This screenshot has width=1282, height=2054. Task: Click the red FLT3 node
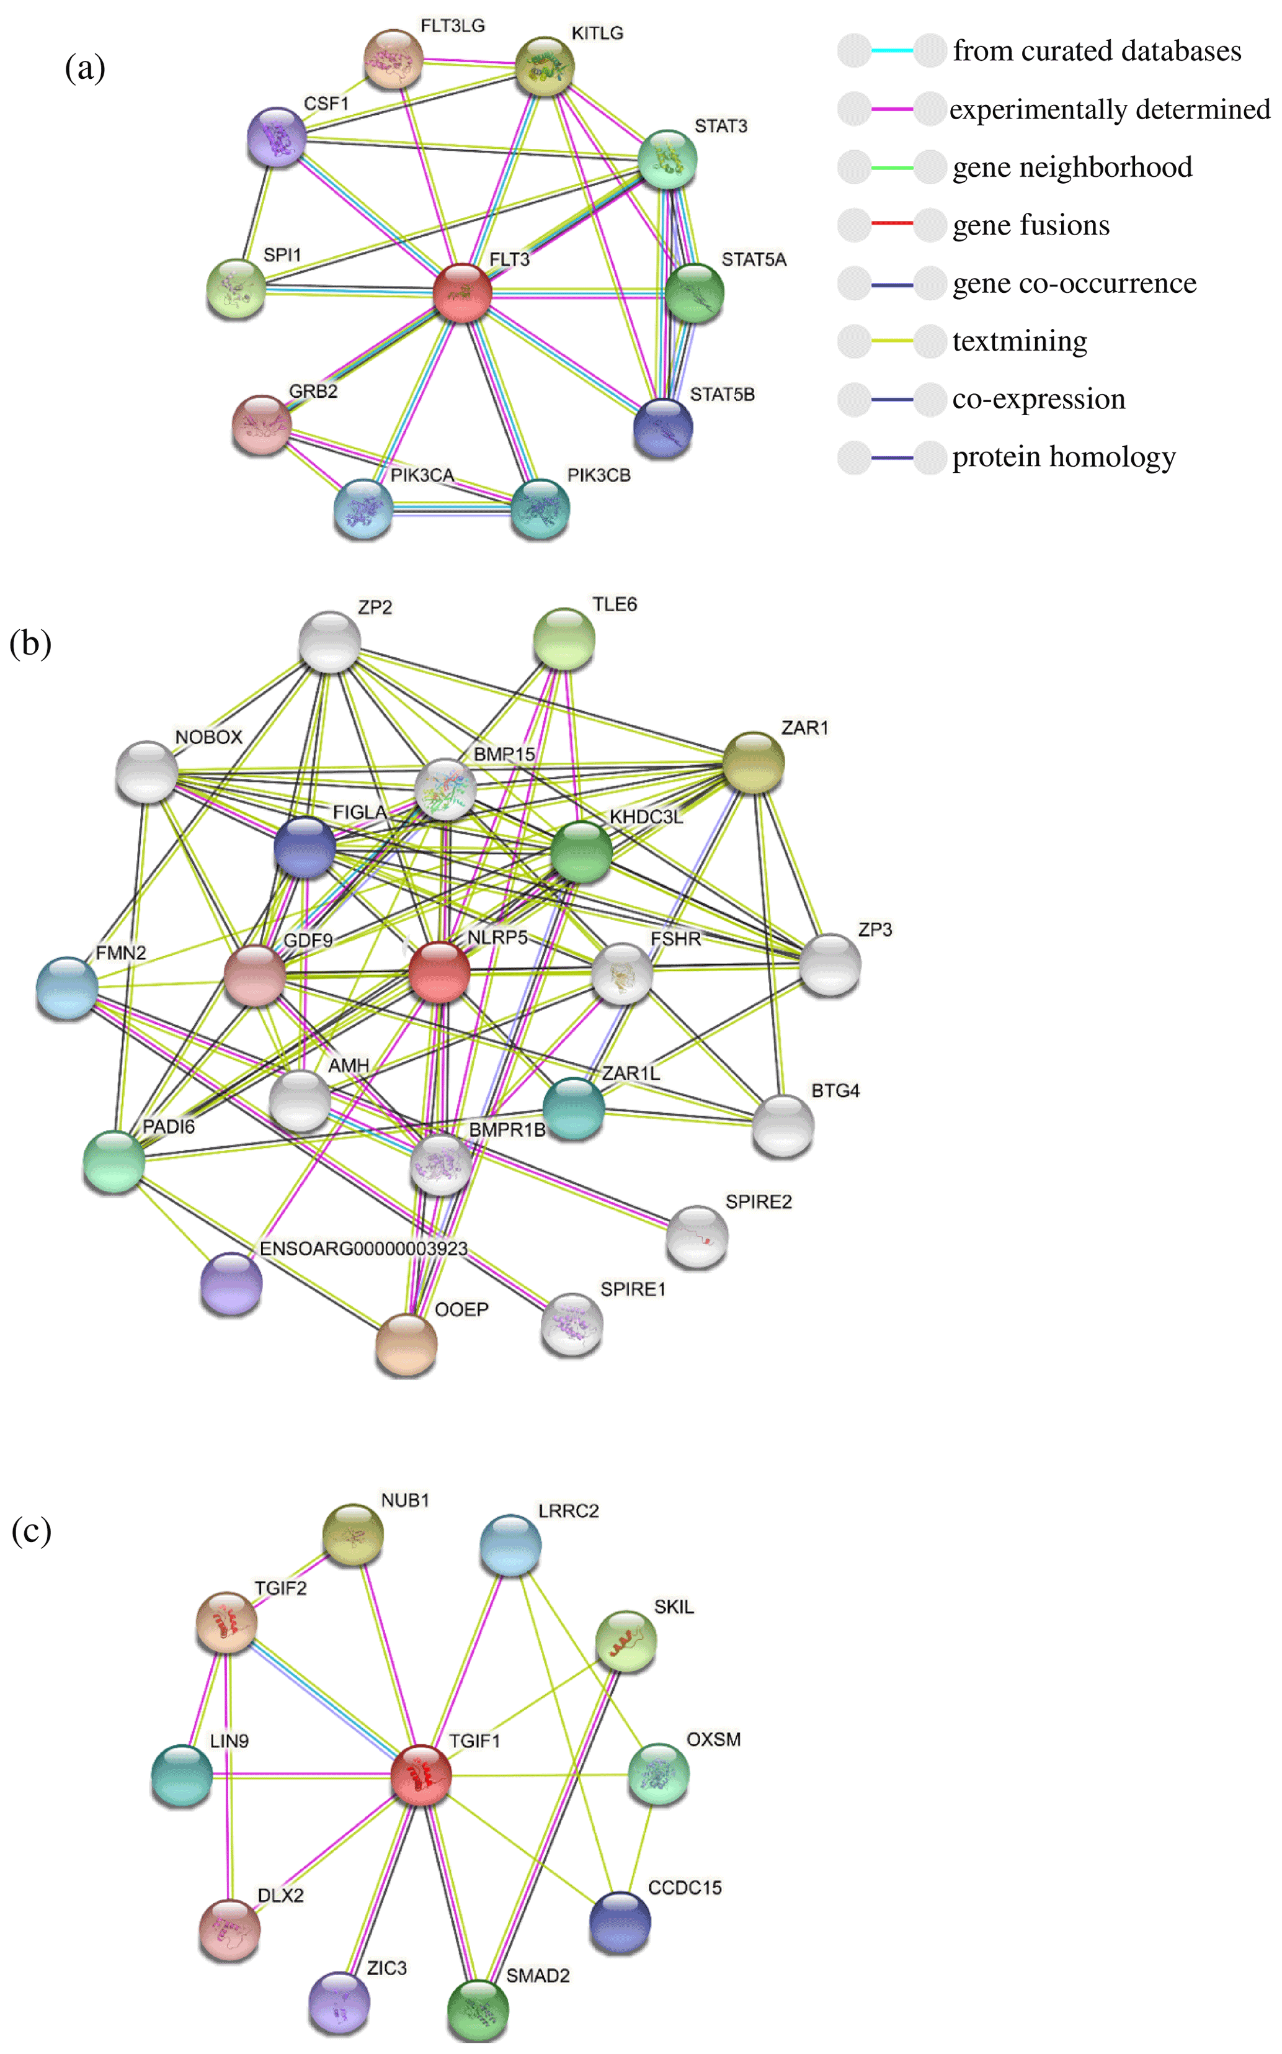click(x=462, y=292)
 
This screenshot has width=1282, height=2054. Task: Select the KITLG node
click(x=545, y=66)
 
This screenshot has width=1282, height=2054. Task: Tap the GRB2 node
click(x=262, y=424)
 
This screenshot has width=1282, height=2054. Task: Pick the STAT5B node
click(x=663, y=428)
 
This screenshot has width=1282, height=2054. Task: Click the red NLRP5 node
click(x=439, y=971)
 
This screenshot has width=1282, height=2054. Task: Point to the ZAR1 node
click(x=753, y=763)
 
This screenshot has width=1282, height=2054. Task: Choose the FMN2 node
click(x=67, y=987)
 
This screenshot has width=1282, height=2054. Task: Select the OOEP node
click(x=406, y=1344)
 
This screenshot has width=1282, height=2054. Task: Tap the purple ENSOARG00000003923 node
click(x=231, y=1283)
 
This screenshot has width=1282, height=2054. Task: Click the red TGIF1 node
click(x=421, y=1774)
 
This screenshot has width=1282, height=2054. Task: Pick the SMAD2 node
click(x=478, y=2010)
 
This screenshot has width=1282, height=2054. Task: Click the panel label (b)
click(x=30, y=644)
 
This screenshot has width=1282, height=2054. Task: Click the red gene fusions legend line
click(x=892, y=225)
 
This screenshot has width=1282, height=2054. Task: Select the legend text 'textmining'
click(x=1019, y=341)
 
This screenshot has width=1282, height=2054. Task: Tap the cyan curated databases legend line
click(x=892, y=51)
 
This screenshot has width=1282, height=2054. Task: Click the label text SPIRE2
click(x=758, y=1202)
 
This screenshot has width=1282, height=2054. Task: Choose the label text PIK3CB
click(x=599, y=476)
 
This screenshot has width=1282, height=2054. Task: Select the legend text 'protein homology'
click(x=1063, y=457)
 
